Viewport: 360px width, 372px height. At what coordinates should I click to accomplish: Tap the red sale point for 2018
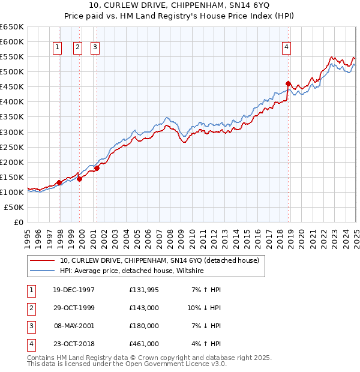click(289, 83)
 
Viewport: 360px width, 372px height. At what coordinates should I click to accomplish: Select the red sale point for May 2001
click(97, 168)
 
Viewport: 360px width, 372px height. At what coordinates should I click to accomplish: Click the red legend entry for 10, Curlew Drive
click(159, 260)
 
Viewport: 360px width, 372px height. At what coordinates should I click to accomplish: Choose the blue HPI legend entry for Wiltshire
click(132, 271)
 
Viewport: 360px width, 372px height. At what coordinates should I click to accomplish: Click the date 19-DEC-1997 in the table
click(74, 290)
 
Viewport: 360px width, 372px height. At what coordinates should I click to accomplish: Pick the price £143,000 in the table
click(144, 308)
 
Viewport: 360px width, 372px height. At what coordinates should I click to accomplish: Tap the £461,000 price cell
click(144, 344)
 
